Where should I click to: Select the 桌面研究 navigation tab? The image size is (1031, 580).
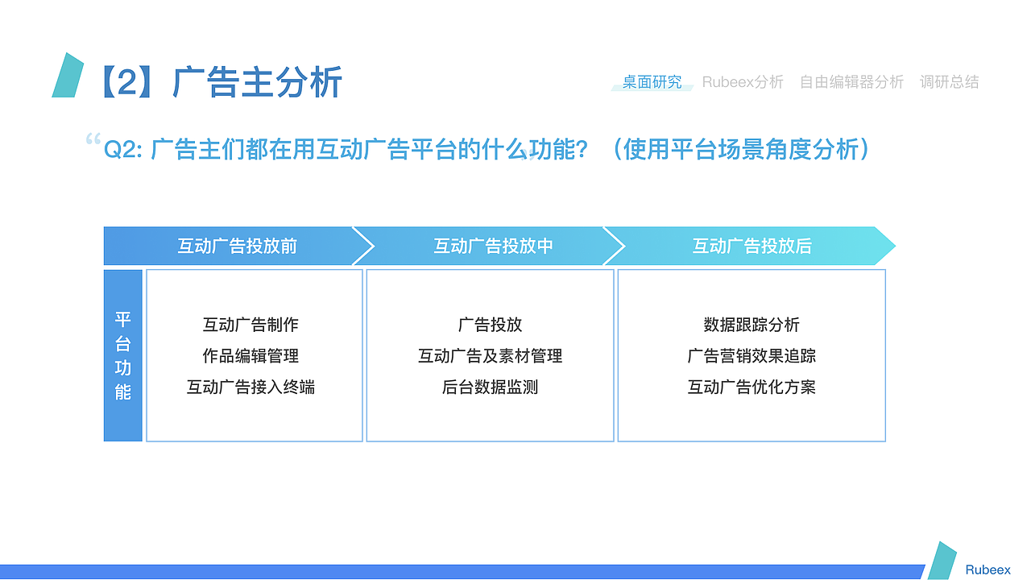652,82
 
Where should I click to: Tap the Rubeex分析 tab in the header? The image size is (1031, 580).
743,82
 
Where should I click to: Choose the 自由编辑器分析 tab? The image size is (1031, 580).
851,82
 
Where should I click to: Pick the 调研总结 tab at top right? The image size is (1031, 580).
950,82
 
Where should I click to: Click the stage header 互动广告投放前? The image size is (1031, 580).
237,246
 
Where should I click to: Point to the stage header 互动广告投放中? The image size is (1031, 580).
493,246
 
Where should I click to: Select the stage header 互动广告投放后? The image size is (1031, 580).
752,246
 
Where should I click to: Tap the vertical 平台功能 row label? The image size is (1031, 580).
123,355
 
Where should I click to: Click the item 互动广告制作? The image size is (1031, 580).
251,325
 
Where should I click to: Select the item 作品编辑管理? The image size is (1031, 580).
251,356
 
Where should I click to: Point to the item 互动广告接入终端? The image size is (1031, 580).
251,387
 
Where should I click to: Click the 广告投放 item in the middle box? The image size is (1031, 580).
490,325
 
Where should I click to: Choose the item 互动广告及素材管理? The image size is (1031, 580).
490,356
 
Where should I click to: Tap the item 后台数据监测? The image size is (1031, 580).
490,387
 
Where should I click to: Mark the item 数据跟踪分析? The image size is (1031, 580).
752,325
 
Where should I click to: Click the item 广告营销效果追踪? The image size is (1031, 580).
752,356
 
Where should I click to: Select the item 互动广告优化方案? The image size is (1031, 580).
752,387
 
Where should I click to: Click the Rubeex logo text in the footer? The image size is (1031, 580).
988,570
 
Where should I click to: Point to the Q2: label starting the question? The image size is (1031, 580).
123,150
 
